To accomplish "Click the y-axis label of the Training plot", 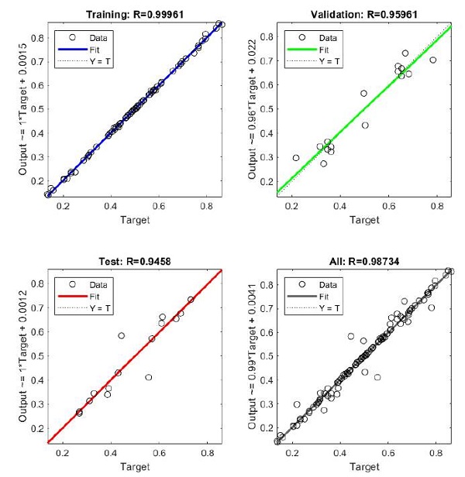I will [x=21, y=110].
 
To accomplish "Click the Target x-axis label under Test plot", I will [x=135, y=466].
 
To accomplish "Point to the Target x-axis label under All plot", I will [x=364, y=466].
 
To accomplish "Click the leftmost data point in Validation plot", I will [x=296, y=158].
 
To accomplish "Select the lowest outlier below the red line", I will [x=148, y=377].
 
